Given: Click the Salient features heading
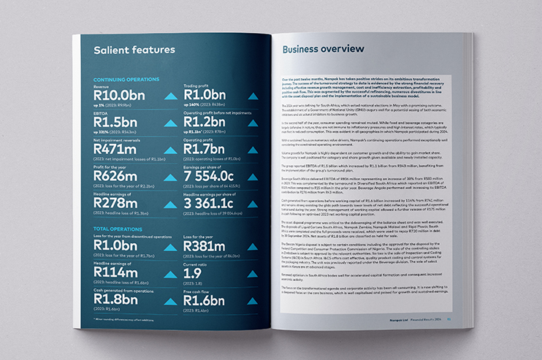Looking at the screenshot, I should click(x=134, y=50).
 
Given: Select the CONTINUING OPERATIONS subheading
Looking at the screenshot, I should click(x=126, y=79).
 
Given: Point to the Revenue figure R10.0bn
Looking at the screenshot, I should click(x=120, y=95).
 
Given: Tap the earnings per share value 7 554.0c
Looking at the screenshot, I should click(x=213, y=176).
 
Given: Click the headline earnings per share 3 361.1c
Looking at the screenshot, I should click(x=213, y=203).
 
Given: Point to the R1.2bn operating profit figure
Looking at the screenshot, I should click(x=205, y=122).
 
